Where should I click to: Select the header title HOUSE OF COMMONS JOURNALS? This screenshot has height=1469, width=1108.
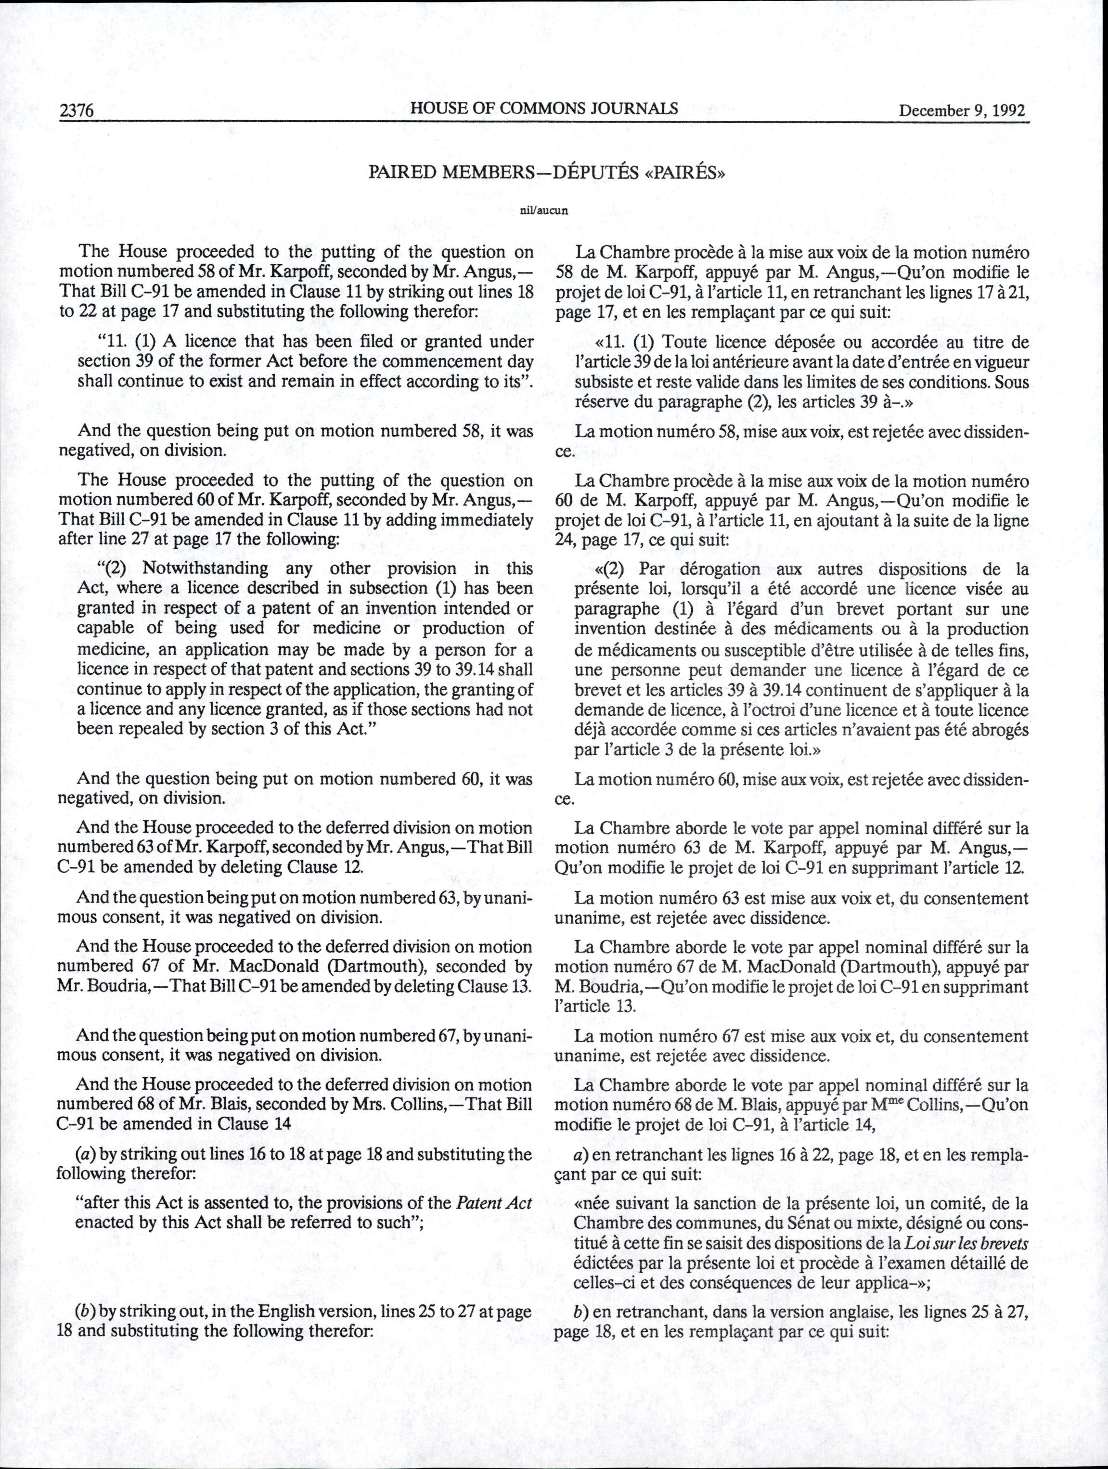click(x=544, y=108)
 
